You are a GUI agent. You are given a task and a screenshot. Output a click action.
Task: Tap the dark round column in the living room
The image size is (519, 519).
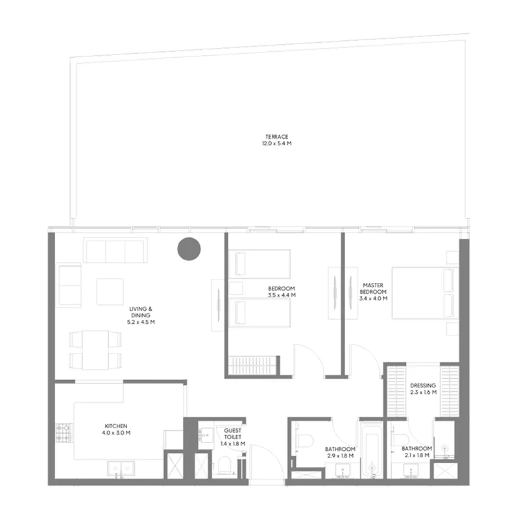click(x=189, y=249)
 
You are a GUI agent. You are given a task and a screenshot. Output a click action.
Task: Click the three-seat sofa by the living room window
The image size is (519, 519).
click(x=115, y=250)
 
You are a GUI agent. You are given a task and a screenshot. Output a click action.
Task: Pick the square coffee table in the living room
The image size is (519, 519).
click(x=110, y=291)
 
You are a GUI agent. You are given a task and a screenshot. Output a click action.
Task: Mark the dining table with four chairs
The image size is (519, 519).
click(x=95, y=349)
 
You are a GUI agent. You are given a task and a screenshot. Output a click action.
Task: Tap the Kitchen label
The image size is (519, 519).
click(x=115, y=426)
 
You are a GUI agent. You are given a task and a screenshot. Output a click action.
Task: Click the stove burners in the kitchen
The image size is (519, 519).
click(x=64, y=433)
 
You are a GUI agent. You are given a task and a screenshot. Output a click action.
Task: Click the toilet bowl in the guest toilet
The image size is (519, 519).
click(x=224, y=465)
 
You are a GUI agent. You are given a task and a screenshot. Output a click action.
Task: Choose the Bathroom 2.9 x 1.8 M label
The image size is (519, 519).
click(x=339, y=452)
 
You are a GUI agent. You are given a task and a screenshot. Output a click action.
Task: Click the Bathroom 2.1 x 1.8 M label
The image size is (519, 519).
click(x=416, y=452)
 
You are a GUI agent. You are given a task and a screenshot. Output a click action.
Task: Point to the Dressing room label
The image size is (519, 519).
click(x=423, y=389)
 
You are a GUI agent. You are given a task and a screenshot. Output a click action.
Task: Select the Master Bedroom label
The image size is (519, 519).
click(x=374, y=292)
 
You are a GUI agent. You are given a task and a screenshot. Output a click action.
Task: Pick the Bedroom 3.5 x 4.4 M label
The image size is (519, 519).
click(x=282, y=291)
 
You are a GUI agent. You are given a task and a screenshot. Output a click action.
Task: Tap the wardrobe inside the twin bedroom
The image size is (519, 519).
click(x=254, y=365)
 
